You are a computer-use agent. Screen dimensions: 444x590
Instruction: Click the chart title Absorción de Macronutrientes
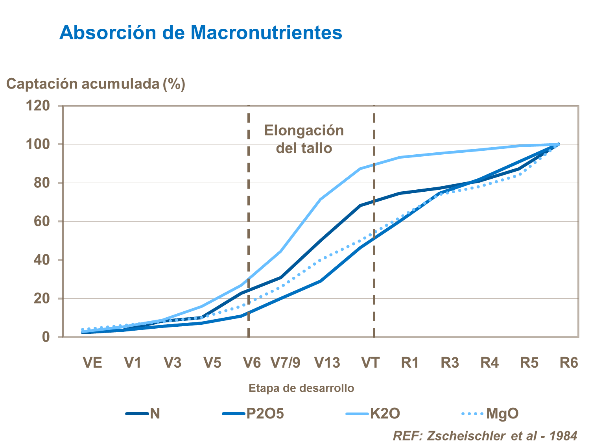201,32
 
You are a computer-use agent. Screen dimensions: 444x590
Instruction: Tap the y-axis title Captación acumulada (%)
96,84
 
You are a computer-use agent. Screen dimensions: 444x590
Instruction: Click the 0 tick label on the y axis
46,337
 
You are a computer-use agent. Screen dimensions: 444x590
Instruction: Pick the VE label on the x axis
92,363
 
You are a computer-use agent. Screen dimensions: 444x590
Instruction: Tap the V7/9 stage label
286,363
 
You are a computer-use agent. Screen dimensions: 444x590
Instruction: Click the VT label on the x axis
370,363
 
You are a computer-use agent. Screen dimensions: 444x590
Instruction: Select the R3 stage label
450,363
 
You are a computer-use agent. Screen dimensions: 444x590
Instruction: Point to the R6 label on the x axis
569,363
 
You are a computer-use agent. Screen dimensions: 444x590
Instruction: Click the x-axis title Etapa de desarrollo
301,388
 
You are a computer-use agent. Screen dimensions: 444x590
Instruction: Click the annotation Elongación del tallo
304,139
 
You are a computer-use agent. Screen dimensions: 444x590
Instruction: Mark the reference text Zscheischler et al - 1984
485,436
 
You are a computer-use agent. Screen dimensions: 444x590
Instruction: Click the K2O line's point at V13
321,199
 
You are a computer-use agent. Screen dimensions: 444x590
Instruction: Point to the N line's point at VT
360,205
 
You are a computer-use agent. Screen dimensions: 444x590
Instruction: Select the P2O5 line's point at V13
321,281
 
